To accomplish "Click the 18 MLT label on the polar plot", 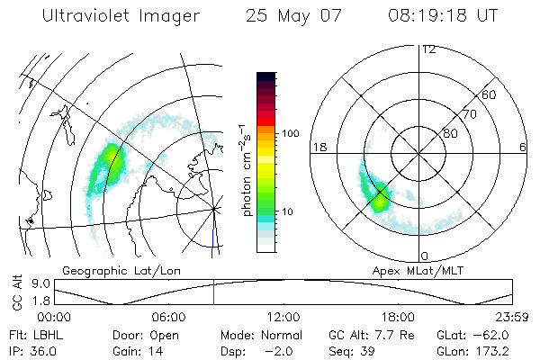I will point(318,147).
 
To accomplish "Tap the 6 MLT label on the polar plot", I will point(523,147).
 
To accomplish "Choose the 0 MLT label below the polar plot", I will point(425,256).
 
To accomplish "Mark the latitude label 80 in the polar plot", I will point(450,133).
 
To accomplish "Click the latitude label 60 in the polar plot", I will point(490,94).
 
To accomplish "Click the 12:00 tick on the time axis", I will point(283,317).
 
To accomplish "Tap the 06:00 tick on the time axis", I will point(168,317).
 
